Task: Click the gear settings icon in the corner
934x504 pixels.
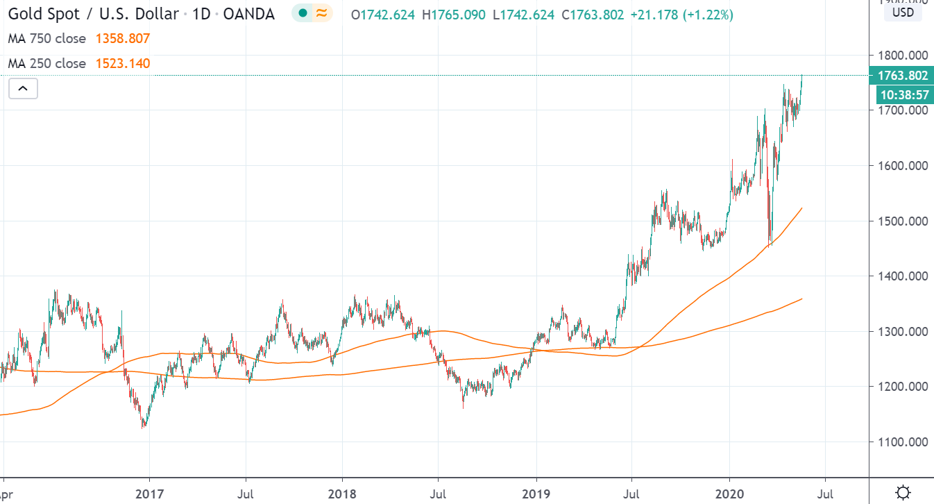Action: click(x=903, y=492)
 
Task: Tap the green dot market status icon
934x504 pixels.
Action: click(x=303, y=14)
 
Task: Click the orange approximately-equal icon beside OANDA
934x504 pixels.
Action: click(x=321, y=14)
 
